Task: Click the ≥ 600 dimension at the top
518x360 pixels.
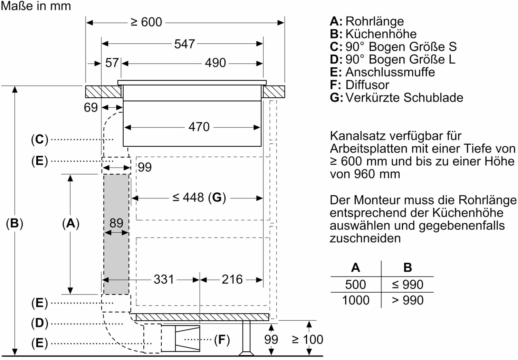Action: coord(146,22)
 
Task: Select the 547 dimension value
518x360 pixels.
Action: coord(184,44)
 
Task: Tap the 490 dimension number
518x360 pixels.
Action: coord(215,63)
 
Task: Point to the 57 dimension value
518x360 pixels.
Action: coord(112,63)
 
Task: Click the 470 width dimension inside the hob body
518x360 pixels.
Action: coord(199,127)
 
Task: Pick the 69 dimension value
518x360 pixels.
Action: coord(90,107)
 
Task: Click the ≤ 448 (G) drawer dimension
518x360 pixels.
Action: coord(199,197)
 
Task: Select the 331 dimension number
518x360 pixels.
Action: coord(164,279)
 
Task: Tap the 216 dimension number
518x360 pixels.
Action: coord(232,279)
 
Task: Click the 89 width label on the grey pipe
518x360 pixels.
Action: coord(116,223)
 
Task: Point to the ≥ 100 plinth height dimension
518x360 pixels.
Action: coord(307,339)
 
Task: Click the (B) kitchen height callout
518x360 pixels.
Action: coord(15,223)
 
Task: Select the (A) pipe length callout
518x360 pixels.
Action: coord(71,223)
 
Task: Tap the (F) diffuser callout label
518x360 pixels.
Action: coord(222,340)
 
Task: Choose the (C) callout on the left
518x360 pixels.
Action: coord(40,139)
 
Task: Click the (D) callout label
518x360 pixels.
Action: coord(40,323)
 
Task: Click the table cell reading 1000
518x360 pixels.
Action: coord(356,300)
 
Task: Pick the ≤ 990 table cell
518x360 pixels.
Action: coord(407,284)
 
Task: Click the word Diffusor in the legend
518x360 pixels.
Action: coord(367,85)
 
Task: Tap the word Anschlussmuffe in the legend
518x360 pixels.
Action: coord(390,72)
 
